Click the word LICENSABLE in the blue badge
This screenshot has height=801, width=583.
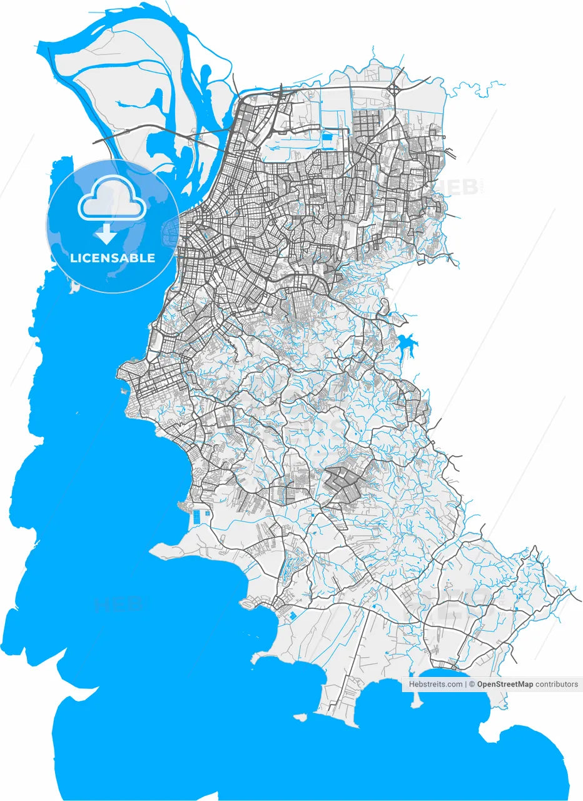point(113,258)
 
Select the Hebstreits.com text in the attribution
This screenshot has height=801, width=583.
point(435,685)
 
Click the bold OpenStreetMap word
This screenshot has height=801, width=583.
point(505,685)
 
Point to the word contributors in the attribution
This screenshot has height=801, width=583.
point(557,685)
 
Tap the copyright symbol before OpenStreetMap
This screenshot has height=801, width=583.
point(472,685)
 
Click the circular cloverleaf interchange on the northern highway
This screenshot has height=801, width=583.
point(396,89)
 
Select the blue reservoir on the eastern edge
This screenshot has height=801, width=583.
point(405,344)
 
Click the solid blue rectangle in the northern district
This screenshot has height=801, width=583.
point(328,134)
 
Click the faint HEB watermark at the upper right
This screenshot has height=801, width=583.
point(459,186)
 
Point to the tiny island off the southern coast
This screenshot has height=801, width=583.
point(302,717)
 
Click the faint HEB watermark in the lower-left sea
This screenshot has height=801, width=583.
point(119,605)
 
